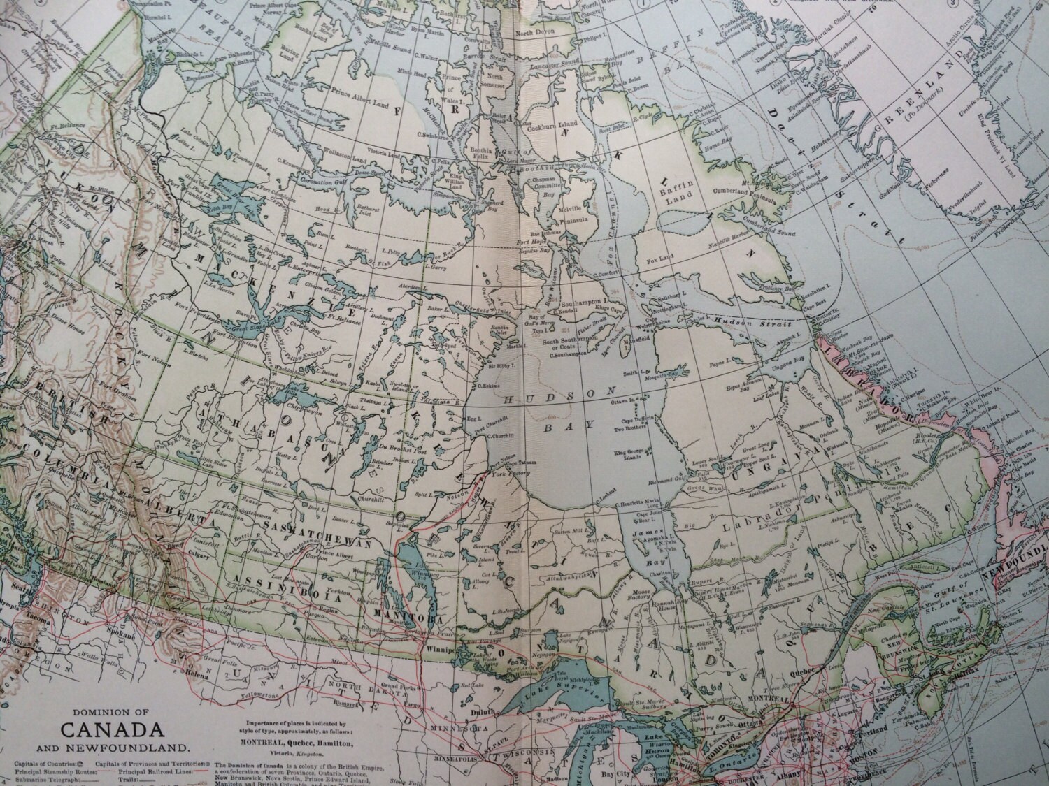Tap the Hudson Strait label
744,322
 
